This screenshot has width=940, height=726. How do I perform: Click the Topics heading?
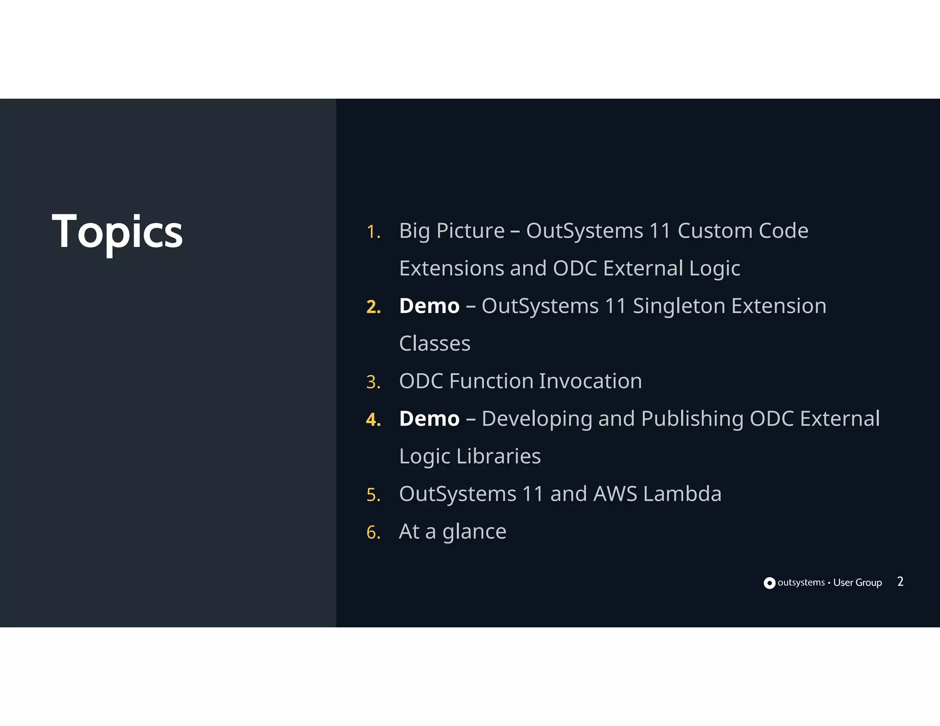pyautogui.click(x=117, y=232)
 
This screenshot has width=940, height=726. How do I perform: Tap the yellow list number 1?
pyautogui.click(x=373, y=232)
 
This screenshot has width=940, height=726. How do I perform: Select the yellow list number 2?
pyautogui.click(x=374, y=307)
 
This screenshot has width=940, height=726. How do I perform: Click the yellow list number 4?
pyautogui.click(x=374, y=420)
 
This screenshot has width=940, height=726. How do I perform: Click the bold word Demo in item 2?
pyautogui.click(x=429, y=306)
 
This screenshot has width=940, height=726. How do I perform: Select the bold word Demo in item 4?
pyautogui.click(x=429, y=419)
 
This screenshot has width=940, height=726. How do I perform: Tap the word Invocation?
pyautogui.click(x=590, y=381)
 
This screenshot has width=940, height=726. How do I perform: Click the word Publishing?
pyautogui.click(x=692, y=419)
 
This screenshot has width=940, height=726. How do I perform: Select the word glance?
pyautogui.click(x=474, y=532)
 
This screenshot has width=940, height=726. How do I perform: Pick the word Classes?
pyautogui.click(x=435, y=344)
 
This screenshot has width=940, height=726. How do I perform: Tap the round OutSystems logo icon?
pyautogui.click(x=769, y=583)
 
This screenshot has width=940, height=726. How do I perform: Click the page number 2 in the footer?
pyautogui.click(x=900, y=582)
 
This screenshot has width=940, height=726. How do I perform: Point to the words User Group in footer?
pyautogui.click(x=857, y=583)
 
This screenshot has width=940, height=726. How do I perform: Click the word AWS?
pyautogui.click(x=615, y=494)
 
